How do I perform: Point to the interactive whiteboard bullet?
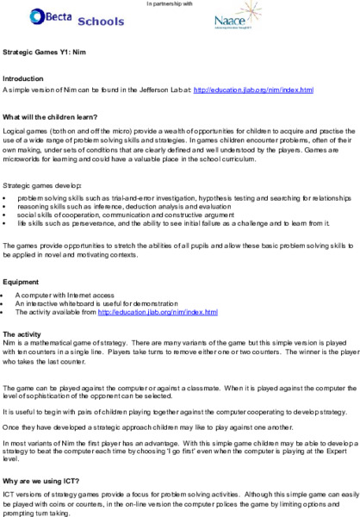[102, 304]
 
